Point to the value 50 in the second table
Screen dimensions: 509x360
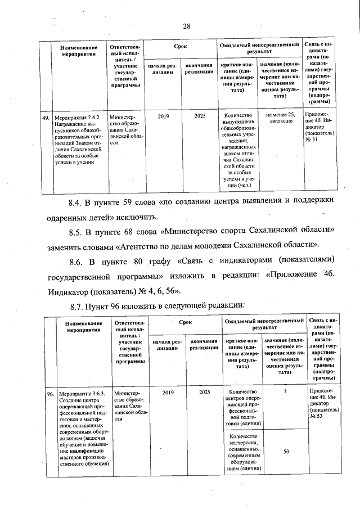[286, 452]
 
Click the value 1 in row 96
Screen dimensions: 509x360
[286, 391]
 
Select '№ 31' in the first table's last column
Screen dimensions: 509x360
[319, 139]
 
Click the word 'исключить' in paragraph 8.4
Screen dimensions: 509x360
[138, 217]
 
